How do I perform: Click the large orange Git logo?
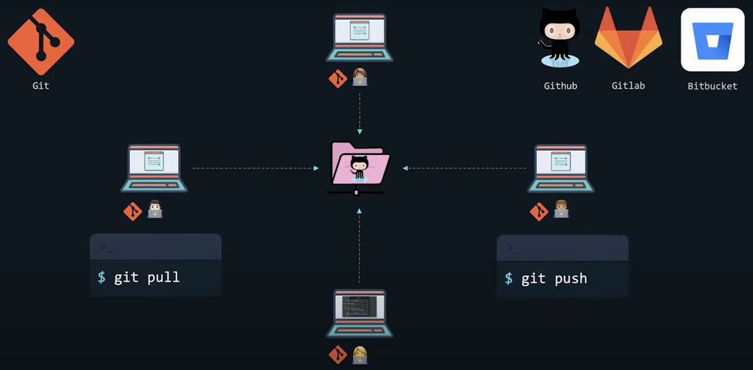click(x=41, y=41)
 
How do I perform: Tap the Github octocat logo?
click(x=559, y=38)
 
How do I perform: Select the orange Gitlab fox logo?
click(x=628, y=39)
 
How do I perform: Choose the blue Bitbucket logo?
click(x=712, y=40)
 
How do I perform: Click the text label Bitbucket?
click(x=712, y=86)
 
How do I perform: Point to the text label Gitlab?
click(x=628, y=86)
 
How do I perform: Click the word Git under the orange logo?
click(x=41, y=86)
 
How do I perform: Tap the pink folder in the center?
click(x=359, y=165)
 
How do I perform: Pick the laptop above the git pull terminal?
click(x=154, y=168)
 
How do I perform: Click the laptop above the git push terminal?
click(x=561, y=168)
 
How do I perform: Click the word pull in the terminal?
click(x=163, y=277)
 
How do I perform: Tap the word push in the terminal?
click(x=571, y=278)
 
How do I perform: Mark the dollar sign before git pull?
click(x=102, y=277)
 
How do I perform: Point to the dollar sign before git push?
click(x=509, y=278)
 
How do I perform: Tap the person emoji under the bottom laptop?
click(x=360, y=354)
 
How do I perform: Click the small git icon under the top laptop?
click(x=338, y=78)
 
